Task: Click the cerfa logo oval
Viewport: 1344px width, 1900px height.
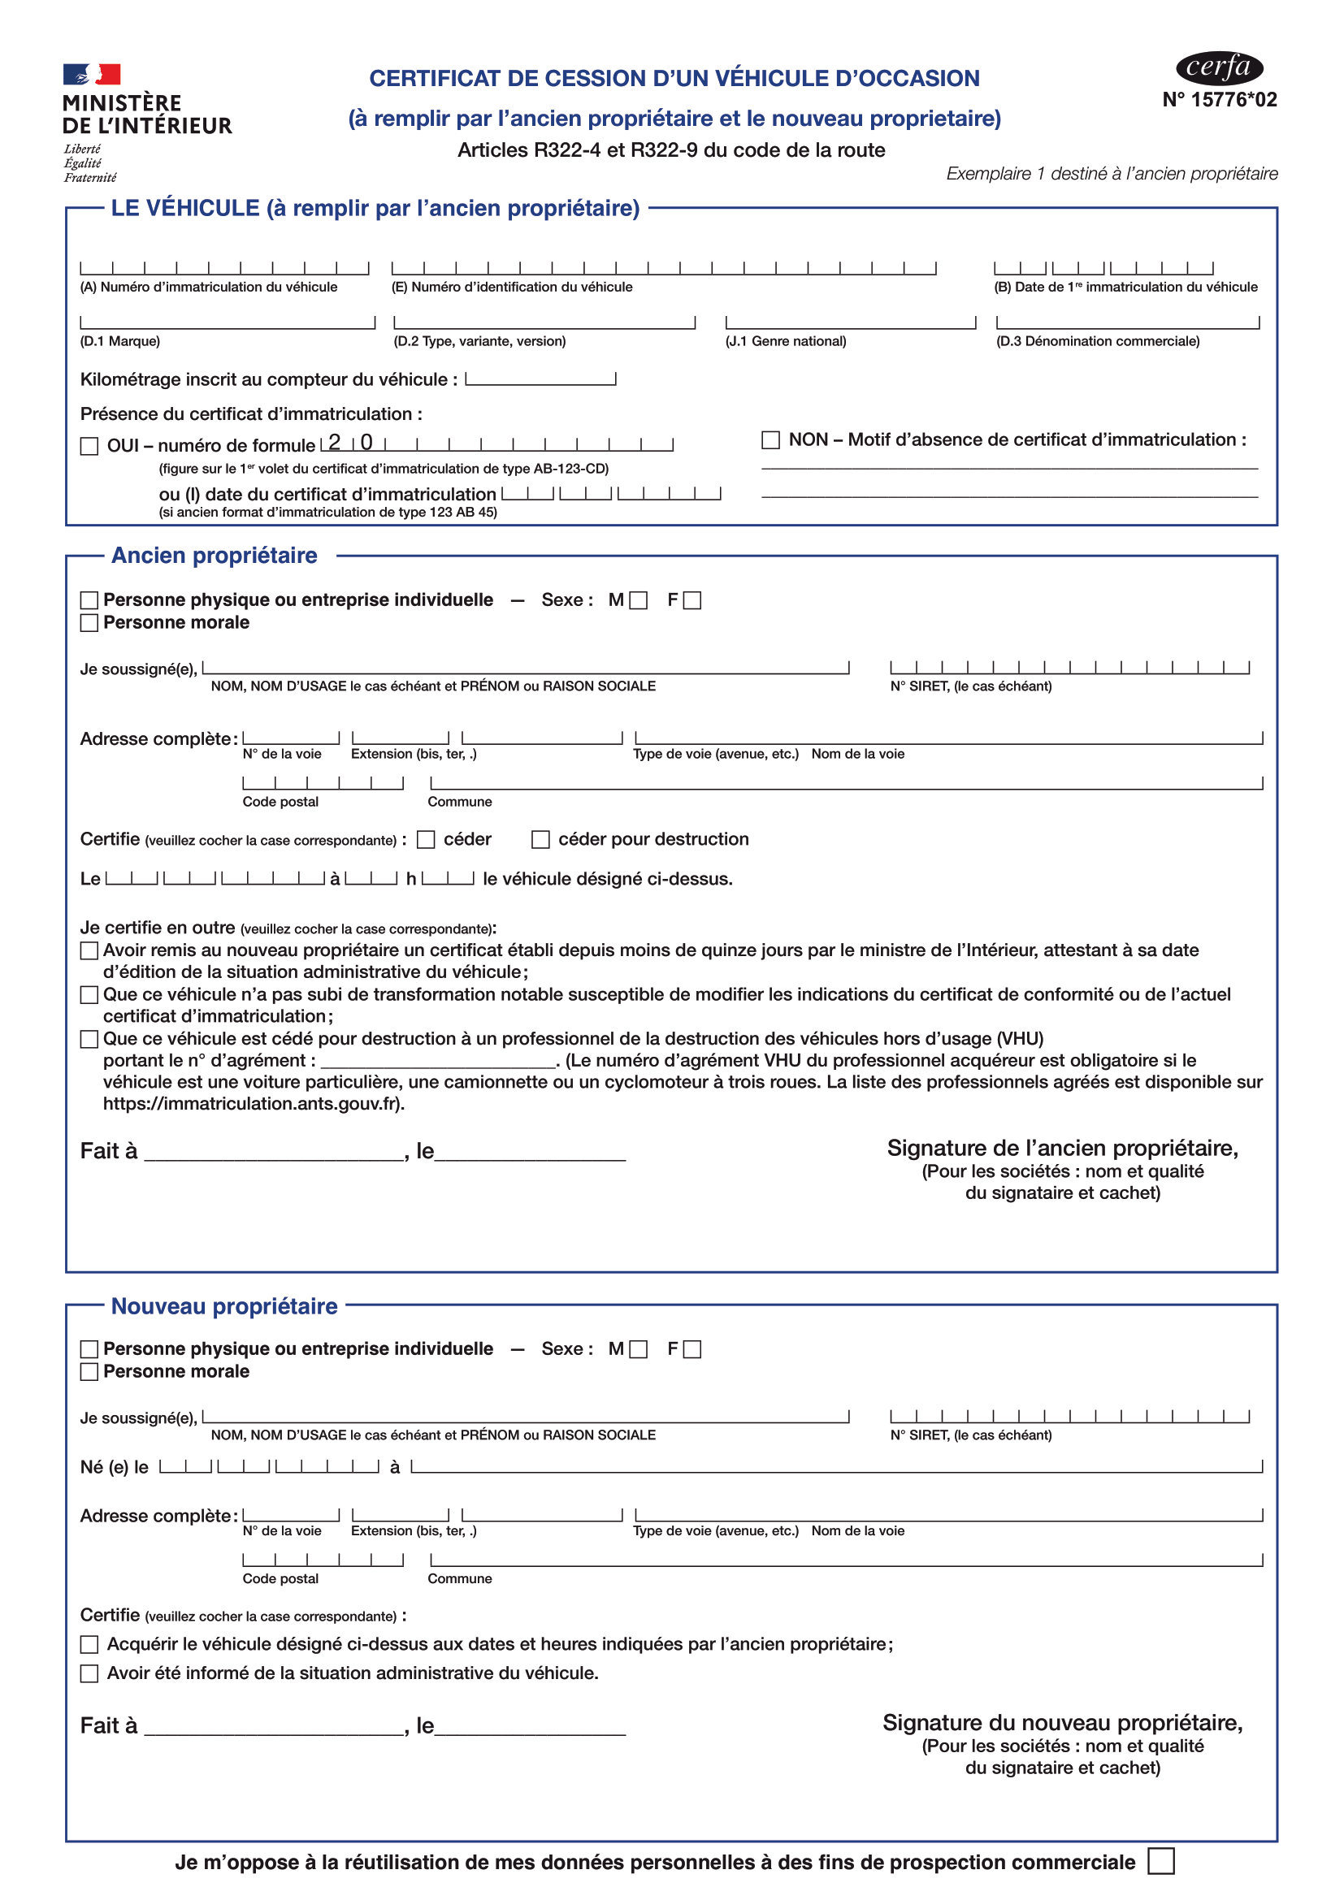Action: tap(1218, 68)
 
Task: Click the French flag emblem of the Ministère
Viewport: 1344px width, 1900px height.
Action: tap(92, 75)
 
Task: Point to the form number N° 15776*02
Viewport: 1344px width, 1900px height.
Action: tap(1219, 100)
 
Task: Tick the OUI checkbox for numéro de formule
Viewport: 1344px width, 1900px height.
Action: tap(89, 446)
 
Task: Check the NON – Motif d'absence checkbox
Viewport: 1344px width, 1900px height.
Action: tap(770, 439)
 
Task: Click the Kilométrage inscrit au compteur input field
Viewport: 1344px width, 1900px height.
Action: tap(540, 379)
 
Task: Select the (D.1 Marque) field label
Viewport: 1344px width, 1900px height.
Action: tap(120, 341)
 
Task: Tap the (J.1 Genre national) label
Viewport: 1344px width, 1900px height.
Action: tap(786, 341)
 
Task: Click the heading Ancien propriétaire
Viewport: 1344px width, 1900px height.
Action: tap(215, 556)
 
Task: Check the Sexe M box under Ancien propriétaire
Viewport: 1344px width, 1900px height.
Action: tap(638, 601)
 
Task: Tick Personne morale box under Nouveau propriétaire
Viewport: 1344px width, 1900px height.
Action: tap(89, 1371)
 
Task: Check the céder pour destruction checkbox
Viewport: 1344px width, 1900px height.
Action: tap(540, 839)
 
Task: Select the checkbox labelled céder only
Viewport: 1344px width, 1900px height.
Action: tap(427, 839)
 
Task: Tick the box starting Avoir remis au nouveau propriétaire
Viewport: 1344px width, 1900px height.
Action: tap(89, 951)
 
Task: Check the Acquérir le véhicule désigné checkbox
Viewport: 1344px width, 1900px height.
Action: tap(89, 1644)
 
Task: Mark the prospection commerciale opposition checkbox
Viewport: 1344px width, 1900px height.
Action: tap(1160, 1861)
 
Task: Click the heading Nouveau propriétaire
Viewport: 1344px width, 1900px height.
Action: tap(224, 1306)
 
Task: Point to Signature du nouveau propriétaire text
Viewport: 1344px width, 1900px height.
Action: tap(1062, 1722)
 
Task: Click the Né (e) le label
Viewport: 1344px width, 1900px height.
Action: tap(115, 1467)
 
